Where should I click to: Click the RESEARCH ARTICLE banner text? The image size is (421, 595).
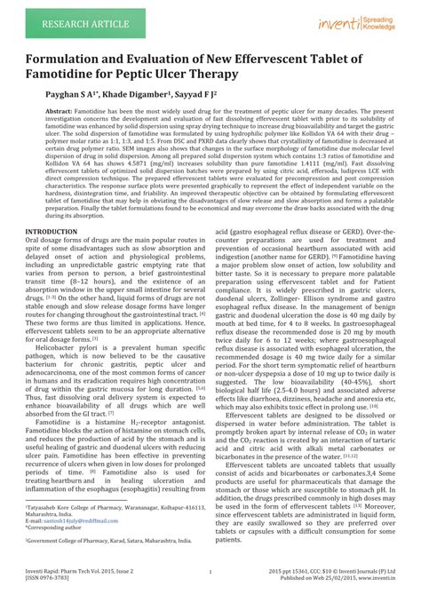coord(62,18)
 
